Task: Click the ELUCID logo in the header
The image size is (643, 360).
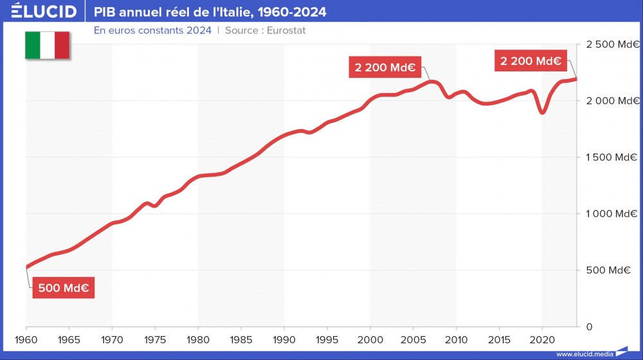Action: tap(44, 12)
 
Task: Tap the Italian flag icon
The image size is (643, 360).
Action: tap(47, 45)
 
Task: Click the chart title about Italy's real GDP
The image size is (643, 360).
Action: tap(210, 12)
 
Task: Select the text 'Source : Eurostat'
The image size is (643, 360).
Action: tap(265, 30)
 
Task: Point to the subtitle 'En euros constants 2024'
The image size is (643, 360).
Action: tap(152, 30)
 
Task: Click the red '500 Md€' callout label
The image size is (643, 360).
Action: tap(63, 288)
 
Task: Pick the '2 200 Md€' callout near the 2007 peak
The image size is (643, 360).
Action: tap(384, 67)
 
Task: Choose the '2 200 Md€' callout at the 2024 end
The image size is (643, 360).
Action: tap(530, 61)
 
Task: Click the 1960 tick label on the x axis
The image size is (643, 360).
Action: tap(26, 339)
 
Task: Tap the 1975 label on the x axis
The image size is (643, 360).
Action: tap(155, 339)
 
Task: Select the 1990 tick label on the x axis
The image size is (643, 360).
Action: tap(284, 339)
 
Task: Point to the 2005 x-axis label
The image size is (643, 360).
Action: tap(413, 339)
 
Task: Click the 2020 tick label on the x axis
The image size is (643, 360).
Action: tap(542, 339)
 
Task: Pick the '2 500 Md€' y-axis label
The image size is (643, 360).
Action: tap(611, 44)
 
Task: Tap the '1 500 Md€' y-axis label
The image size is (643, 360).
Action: tap(611, 157)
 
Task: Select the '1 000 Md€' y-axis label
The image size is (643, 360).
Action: tap(611, 214)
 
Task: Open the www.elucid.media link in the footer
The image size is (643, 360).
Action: tap(584, 354)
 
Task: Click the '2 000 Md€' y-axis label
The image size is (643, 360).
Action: tap(611, 101)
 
